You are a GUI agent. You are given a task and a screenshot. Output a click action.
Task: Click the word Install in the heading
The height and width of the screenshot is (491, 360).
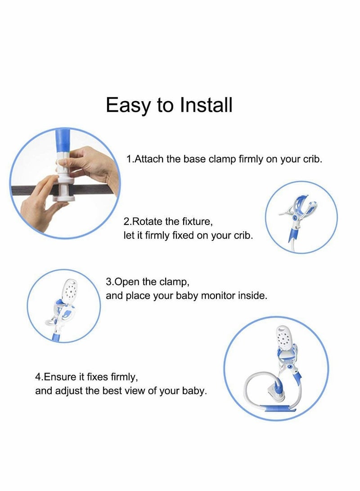[206, 105]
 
